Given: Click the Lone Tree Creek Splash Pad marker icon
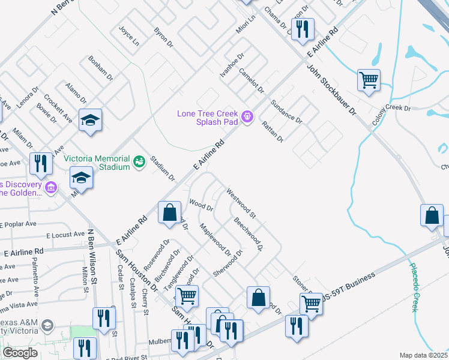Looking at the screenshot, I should point(246,116).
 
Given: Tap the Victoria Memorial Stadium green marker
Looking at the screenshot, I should point(139,161).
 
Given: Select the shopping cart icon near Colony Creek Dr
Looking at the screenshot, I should point(368,80).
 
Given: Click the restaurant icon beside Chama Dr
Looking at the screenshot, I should point(303,29).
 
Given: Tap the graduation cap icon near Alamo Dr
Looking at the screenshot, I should point(90,120).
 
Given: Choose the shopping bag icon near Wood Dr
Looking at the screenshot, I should point(170,212).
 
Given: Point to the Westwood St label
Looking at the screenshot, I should point(241,203).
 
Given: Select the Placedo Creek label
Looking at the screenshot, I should point(414,287).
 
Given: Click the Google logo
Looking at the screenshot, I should point(20,353).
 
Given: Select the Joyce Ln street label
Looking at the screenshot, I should point(128,36).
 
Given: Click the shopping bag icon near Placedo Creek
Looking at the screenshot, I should point(432,216).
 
